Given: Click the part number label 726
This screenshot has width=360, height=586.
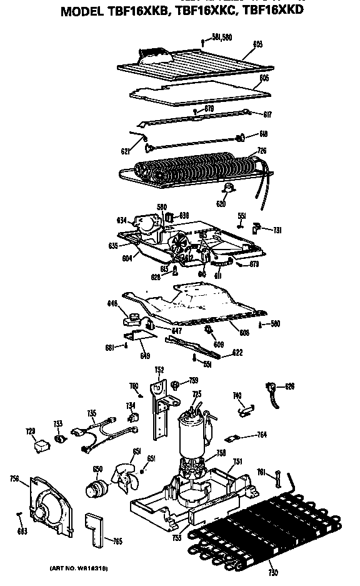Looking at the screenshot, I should pyautogui.click(x=261, y=150).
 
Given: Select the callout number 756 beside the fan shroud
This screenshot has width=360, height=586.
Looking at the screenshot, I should pyautogui.click(x=14, y=479).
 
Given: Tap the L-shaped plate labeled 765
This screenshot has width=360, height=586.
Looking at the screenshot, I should pyautogui.click(x=96, y=528).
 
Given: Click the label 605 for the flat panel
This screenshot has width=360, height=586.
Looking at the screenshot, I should pyautogui.click(x=264, y=79).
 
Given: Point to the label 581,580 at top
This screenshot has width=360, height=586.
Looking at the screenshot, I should pyautogui.click(x=222, y=37).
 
